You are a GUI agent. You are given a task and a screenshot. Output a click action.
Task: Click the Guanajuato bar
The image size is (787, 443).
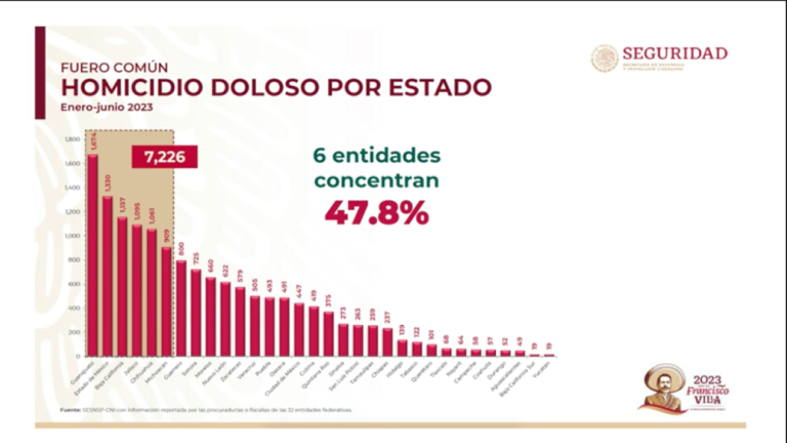tap(93, 254)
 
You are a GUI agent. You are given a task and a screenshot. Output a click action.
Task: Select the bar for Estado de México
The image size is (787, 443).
tap(108, 275)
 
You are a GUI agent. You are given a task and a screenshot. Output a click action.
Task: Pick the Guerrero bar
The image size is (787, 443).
tap(181, 306)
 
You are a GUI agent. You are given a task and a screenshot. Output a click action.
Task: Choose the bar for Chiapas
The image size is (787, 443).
tap(387, 341)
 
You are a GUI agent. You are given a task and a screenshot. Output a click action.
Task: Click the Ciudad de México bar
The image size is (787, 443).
tap(298, 328)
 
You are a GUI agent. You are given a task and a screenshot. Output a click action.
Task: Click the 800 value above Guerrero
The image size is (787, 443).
tap(181, 249)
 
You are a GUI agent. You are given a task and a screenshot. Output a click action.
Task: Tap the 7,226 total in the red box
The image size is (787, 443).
tap(164, 157)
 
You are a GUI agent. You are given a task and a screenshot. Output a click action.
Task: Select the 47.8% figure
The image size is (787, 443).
tap(377, 213)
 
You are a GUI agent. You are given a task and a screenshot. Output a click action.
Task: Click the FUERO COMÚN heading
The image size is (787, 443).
tap(114, 67)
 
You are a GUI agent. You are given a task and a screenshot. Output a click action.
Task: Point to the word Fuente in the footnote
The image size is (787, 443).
tap(70, 409)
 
